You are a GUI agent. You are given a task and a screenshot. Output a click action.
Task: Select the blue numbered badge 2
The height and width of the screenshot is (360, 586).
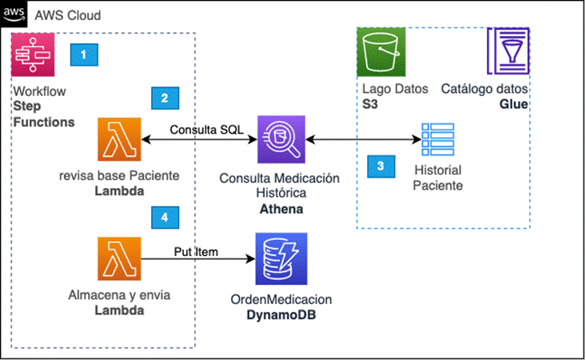point(164,98)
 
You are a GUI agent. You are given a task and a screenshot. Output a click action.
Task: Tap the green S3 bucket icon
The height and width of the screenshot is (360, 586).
point(381,53)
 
